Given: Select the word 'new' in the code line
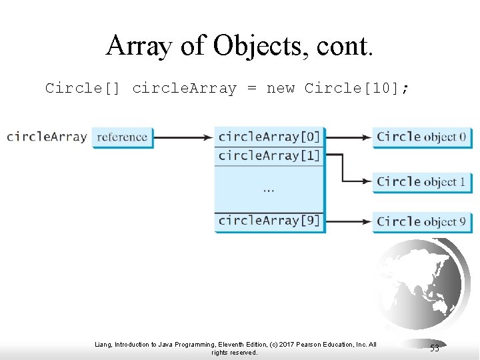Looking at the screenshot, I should (280, 88).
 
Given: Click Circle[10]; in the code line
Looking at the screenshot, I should (351, 88).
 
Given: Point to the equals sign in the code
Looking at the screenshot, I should (251, 88).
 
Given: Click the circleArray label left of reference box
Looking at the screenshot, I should (46, 137).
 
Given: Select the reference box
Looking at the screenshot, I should (122, 137).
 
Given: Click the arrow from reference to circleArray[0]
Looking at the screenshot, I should (183, 137).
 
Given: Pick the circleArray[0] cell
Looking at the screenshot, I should (269, 137).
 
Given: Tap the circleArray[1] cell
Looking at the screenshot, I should (269, 156).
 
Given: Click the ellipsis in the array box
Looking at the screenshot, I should (268, 190).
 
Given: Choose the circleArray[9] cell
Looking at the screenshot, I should (269, 221).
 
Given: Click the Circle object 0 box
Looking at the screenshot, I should (421, 137).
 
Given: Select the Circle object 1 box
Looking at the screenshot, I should (421, 181).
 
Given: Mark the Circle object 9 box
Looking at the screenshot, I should (421, 221).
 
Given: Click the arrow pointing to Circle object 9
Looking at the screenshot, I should (348, 221).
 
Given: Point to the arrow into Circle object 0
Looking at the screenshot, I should (348, 137).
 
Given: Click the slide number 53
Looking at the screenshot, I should (435, 348).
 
